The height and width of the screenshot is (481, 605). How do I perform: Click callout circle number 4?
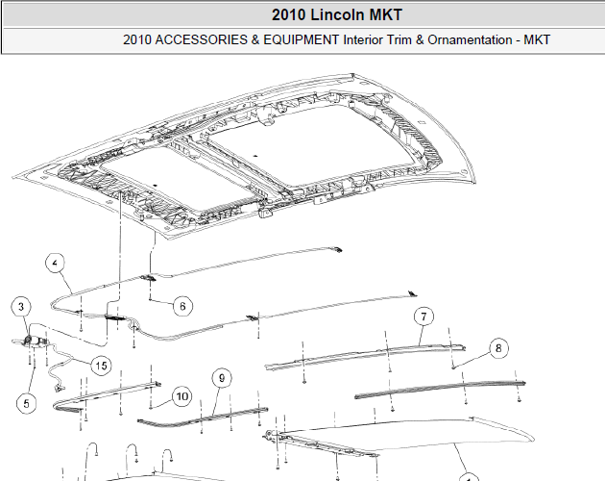click(55, 264)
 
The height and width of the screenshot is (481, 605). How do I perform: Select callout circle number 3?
click(21, 307)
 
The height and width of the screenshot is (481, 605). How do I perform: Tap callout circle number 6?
click(182, 306)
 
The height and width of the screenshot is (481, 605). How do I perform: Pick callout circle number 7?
click(423, 316)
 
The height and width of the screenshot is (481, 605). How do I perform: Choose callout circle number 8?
click(498, 348)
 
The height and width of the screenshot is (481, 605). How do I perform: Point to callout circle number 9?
click(222, 378)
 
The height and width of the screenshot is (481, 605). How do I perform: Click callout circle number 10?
click(182, 396)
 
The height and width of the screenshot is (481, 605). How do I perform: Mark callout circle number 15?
click(101, 366)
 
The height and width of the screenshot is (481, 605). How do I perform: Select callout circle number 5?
click(26, 404)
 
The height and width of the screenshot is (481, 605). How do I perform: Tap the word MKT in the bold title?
click(386, 15)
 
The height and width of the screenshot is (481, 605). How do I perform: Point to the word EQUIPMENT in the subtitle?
click(301, 39)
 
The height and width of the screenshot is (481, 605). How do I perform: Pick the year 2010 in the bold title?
click(289, 15)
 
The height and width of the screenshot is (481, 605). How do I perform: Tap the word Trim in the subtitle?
click(400, 39)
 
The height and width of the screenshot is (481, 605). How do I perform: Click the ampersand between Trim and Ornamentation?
click(420, 39)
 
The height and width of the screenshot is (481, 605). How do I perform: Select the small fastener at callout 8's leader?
click(453, 367)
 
